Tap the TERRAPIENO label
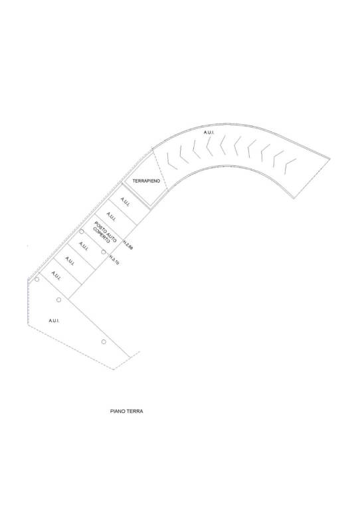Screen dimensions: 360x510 coord(146,181)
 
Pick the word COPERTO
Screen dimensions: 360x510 coord(102,235)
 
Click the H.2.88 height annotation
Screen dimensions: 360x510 coord(128,245)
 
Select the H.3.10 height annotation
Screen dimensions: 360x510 coord(114,260)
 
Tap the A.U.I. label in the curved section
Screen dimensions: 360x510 coord(209,132)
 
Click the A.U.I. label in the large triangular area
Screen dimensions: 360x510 coord(54,321)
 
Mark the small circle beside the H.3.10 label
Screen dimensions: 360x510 coord(104,252)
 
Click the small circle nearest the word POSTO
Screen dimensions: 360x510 coord(82,232)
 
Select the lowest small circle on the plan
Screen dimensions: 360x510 coord(104,341)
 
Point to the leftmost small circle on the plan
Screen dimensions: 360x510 coord(37,279)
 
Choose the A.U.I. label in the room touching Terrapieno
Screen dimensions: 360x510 coord(126,202)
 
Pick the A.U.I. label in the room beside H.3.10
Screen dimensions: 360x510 coord(83,246)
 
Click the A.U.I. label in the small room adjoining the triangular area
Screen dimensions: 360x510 coord(56,276)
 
